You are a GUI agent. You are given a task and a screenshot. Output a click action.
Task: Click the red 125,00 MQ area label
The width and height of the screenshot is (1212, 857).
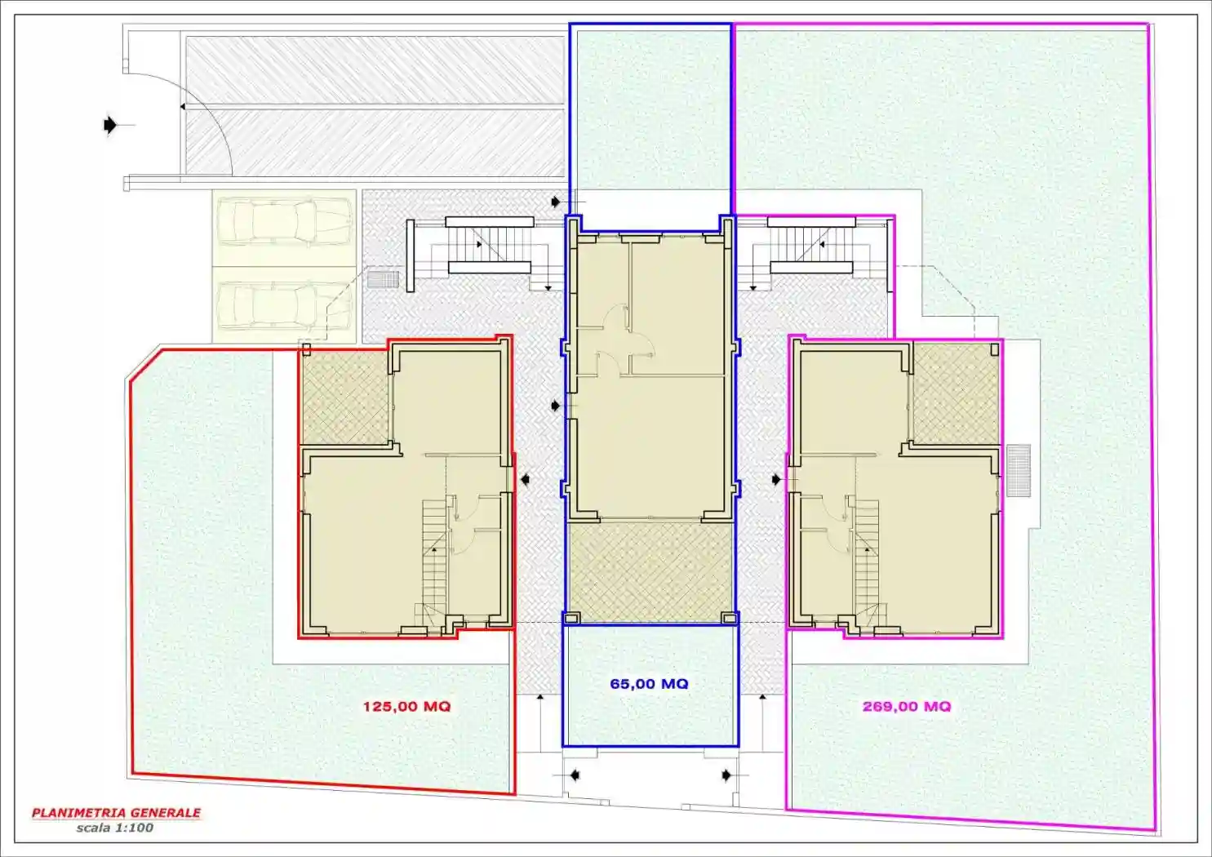406,707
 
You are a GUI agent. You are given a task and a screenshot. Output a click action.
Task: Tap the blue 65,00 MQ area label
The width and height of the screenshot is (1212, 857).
649,684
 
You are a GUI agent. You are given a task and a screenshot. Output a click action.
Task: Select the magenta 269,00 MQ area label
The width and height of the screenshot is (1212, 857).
906,707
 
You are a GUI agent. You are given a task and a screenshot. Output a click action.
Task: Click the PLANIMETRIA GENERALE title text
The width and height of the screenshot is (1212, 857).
116,813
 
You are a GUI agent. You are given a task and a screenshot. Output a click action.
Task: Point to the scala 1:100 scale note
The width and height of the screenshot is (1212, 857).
114,828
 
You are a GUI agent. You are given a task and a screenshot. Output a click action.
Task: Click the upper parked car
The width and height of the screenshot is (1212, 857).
283,221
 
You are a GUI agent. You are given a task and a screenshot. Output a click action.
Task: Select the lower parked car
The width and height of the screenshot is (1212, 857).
283,306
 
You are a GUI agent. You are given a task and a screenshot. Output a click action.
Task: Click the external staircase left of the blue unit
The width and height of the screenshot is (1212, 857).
487,245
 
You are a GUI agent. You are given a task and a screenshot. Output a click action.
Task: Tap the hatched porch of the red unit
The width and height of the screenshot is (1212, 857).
344,397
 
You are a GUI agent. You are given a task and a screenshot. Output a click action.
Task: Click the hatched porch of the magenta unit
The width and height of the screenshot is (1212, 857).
955,393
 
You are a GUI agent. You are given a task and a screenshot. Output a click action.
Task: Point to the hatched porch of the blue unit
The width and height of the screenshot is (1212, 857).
650,571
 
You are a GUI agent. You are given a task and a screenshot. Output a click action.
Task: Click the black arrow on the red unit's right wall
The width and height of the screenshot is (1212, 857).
526,480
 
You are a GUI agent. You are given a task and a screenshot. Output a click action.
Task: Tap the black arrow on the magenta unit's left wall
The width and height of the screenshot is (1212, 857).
775,480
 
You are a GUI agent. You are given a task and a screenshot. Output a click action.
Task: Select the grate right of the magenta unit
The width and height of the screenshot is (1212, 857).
1018,470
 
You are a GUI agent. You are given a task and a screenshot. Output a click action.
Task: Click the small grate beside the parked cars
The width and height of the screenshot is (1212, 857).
382,279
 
